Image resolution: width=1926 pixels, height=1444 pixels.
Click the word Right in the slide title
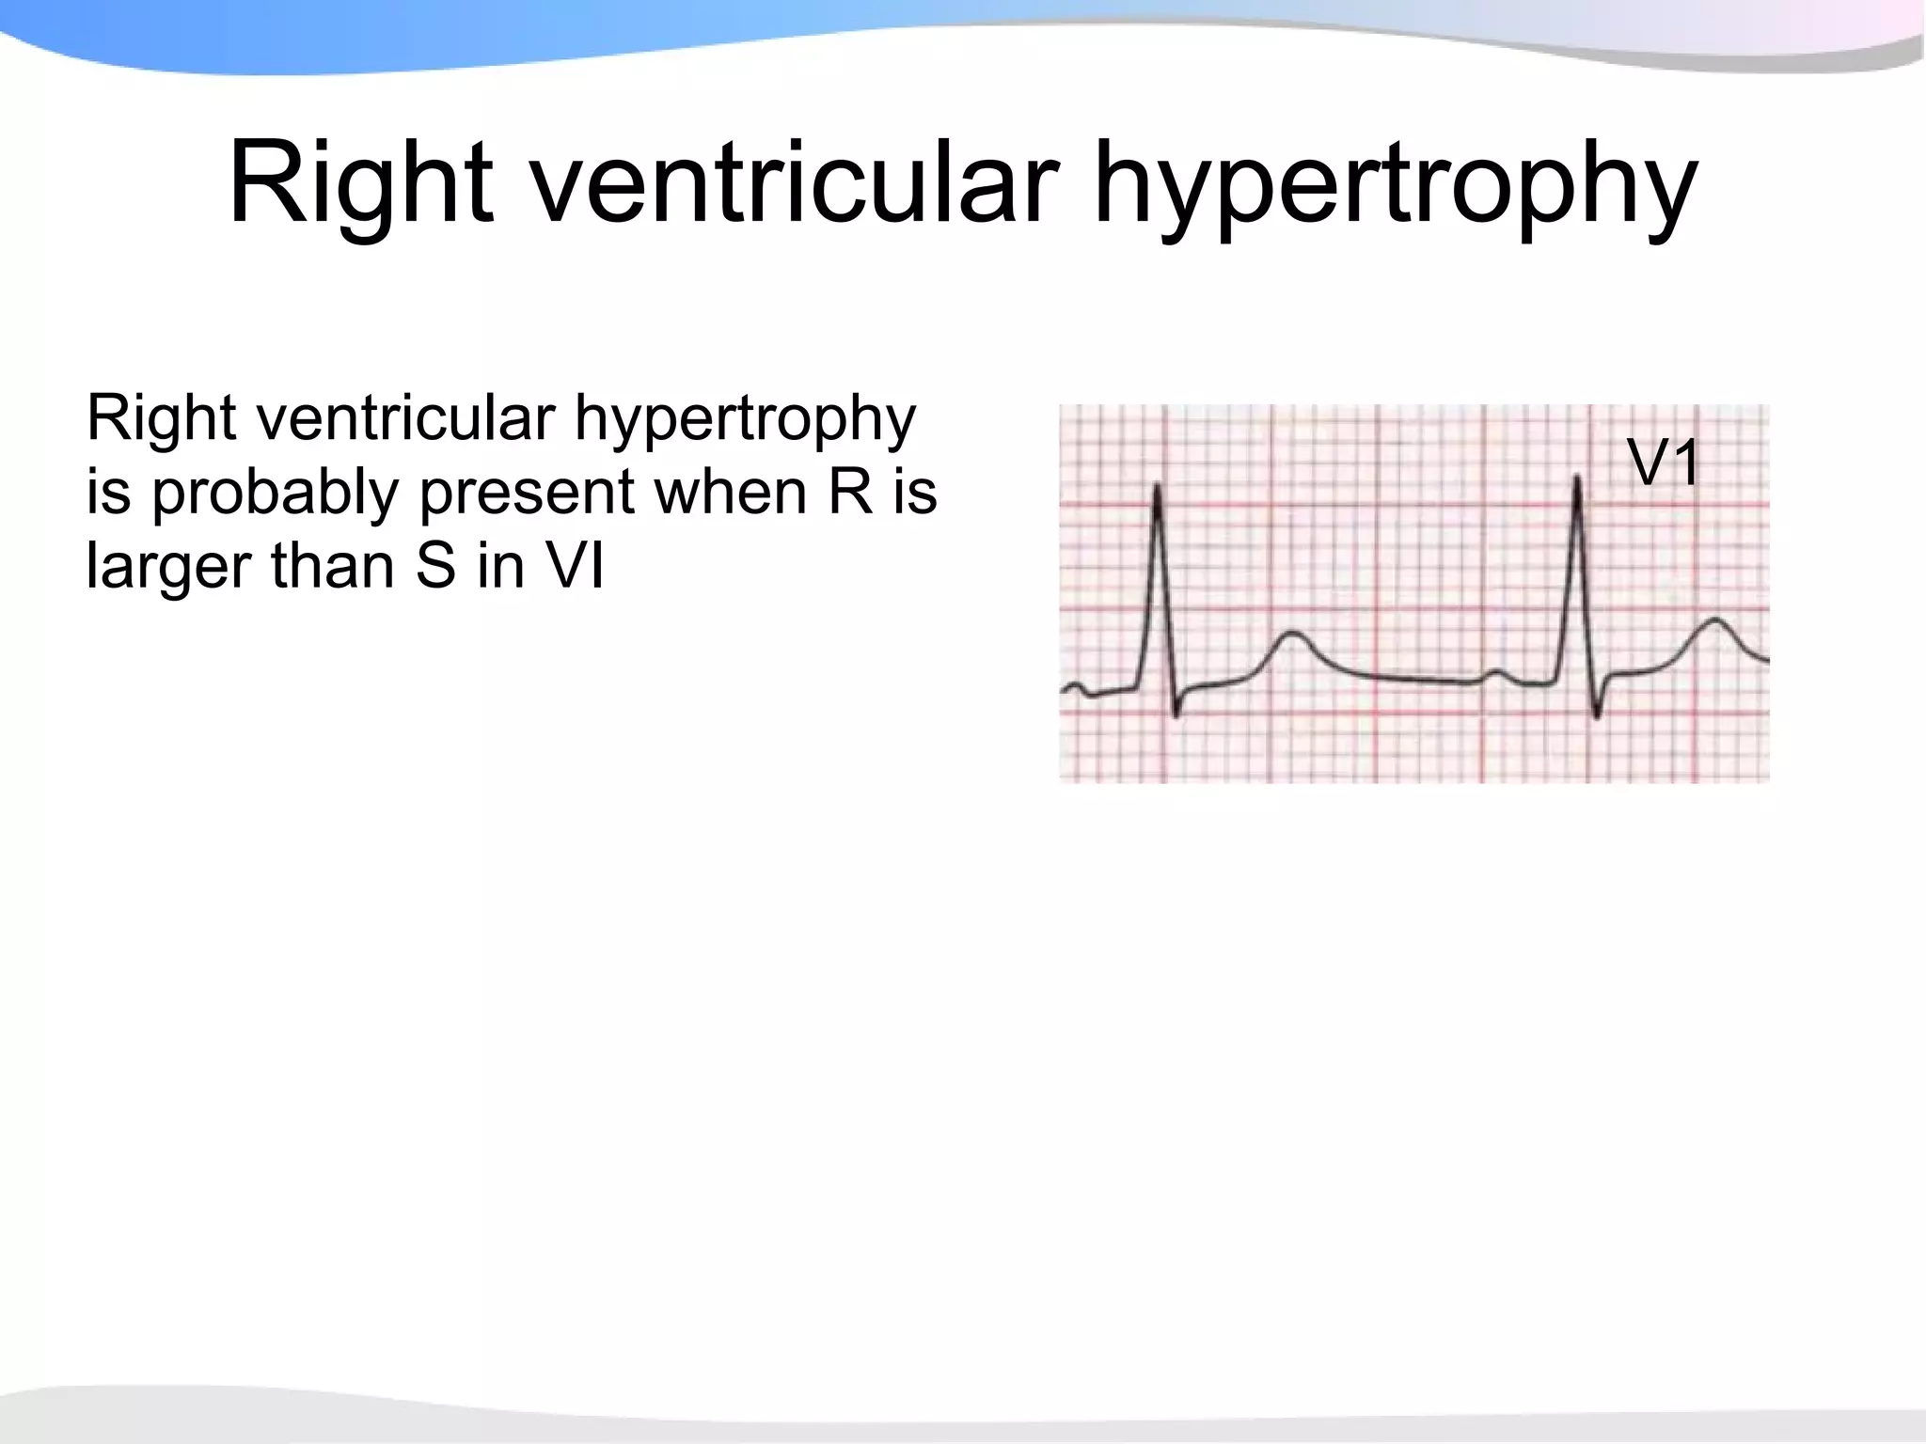[x=361, y=183]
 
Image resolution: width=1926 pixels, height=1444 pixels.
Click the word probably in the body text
[x=275, y=494]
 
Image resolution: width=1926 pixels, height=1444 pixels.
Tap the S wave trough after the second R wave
[x=1597, y=715]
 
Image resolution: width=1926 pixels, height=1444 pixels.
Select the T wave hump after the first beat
[x=1294, y=636]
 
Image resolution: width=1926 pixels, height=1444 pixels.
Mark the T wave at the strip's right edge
[x=1717, y=621]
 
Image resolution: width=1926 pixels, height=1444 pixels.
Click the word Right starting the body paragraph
[x=161, y=418]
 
